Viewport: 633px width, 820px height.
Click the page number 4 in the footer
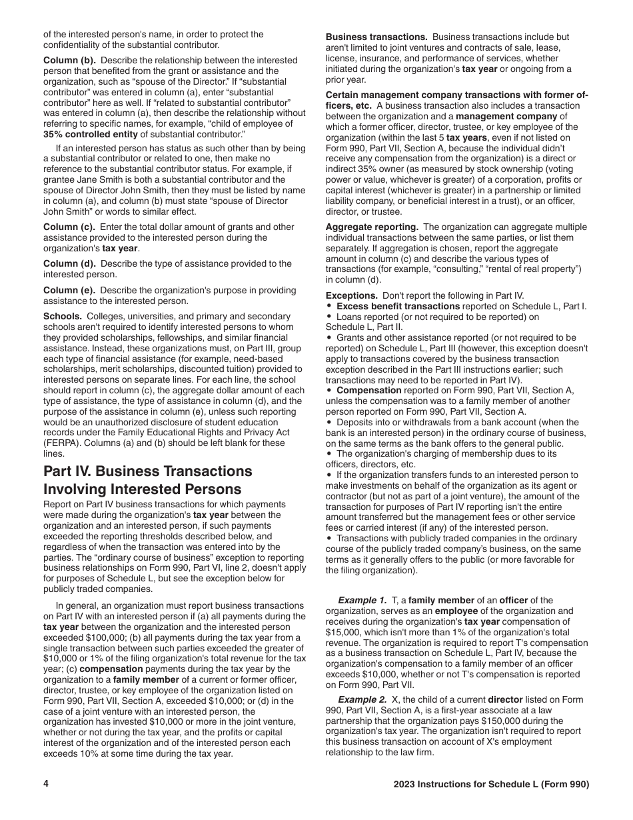pos(46,784)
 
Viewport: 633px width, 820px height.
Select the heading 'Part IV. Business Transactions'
pos(148,471)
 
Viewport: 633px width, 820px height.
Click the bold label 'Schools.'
pos(63,316)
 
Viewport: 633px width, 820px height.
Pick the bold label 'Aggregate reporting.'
pos(372,227)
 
